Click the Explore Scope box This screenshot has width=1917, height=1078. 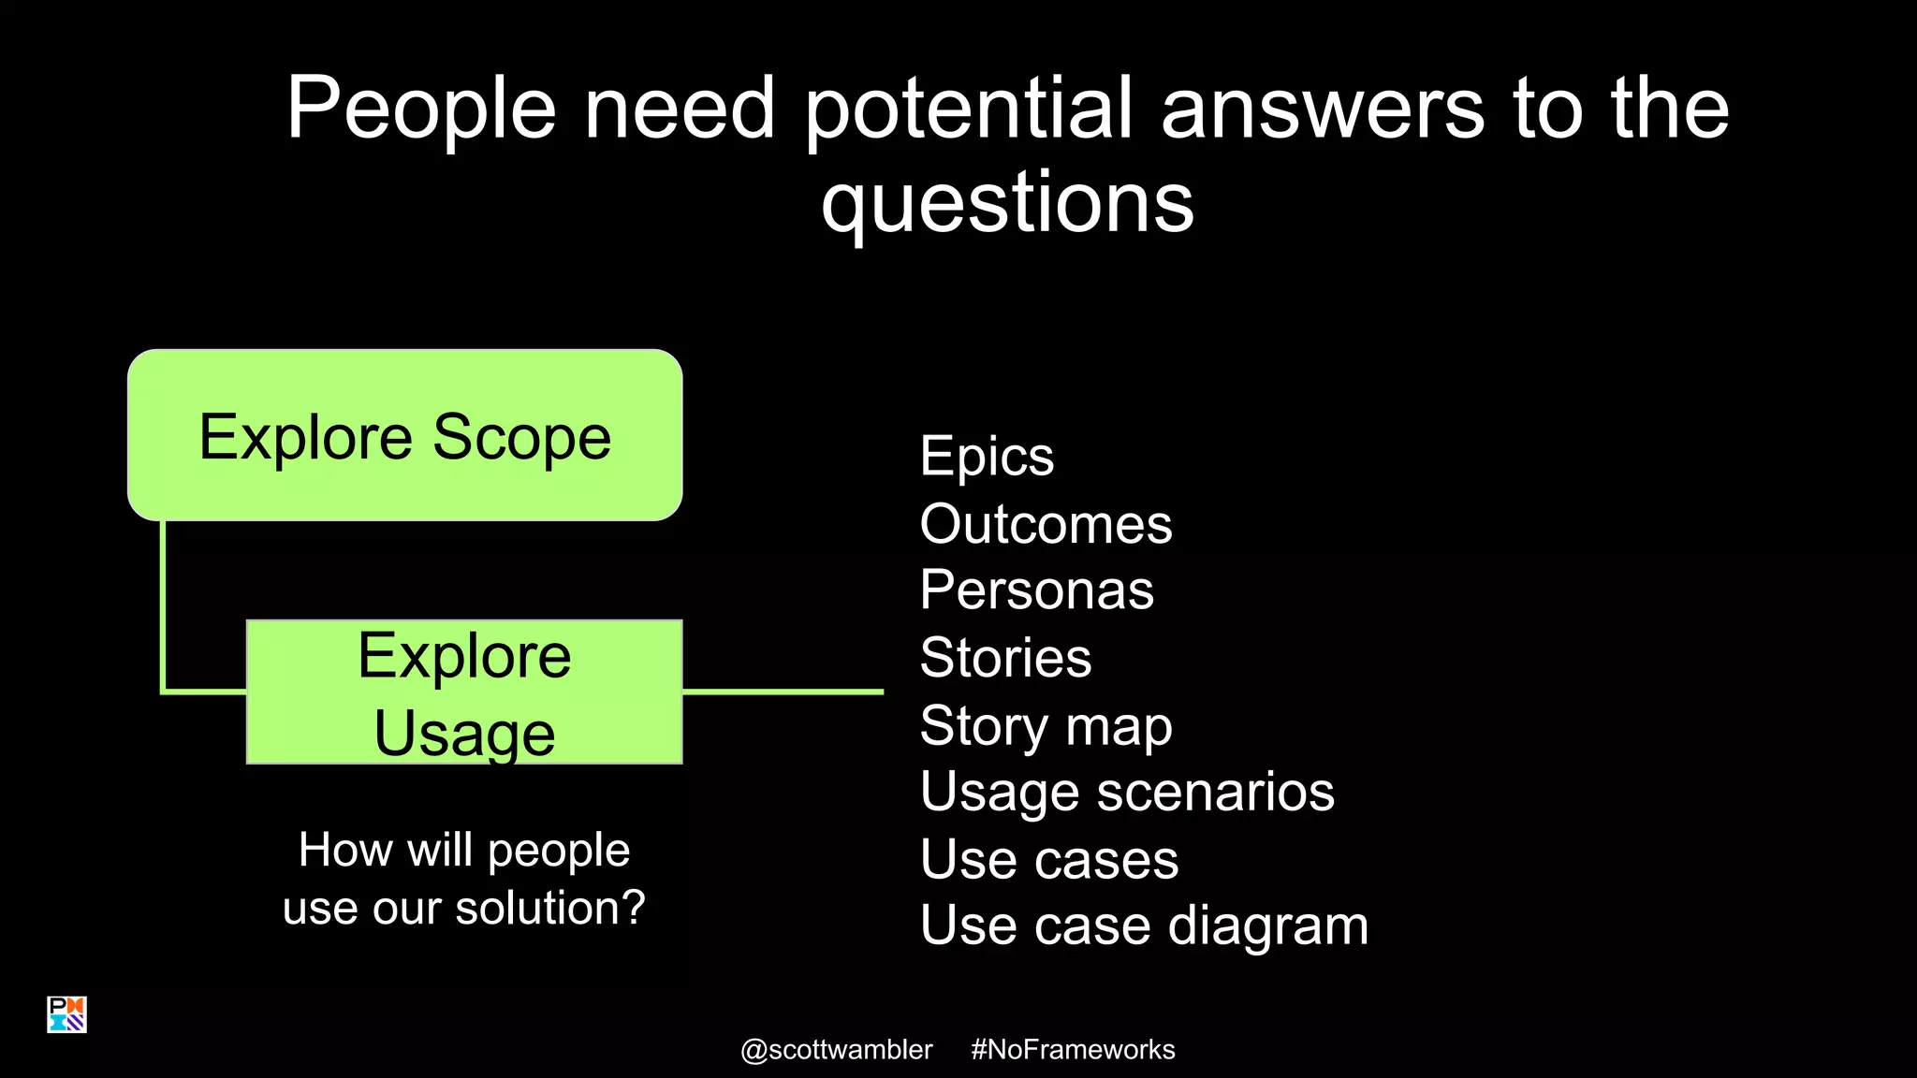(404, 435)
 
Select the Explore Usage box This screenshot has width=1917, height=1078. (464, 692)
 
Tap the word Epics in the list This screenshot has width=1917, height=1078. (987, 457)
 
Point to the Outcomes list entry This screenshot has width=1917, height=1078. (1046, 524)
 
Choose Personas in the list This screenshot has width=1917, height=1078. (1036, 590)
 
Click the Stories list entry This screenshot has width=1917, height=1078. (1005, 658)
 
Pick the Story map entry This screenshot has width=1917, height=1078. (1046, 726)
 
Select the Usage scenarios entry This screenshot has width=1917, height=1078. (1127, 793)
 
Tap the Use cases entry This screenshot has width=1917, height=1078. (1048, 860)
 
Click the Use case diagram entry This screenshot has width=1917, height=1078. (1144, 926)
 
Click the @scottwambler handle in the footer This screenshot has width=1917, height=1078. (836, 1050)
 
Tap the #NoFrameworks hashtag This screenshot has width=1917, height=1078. (1073, 1050)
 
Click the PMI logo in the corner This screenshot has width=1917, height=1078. (66, 1014)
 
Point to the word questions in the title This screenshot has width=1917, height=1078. (1007, 203)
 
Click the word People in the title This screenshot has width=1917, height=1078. (420, 109)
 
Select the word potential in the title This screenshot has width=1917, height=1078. (968, 109)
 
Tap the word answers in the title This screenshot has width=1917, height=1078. (1322, 109)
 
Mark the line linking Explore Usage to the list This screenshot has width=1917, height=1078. (783, 692)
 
